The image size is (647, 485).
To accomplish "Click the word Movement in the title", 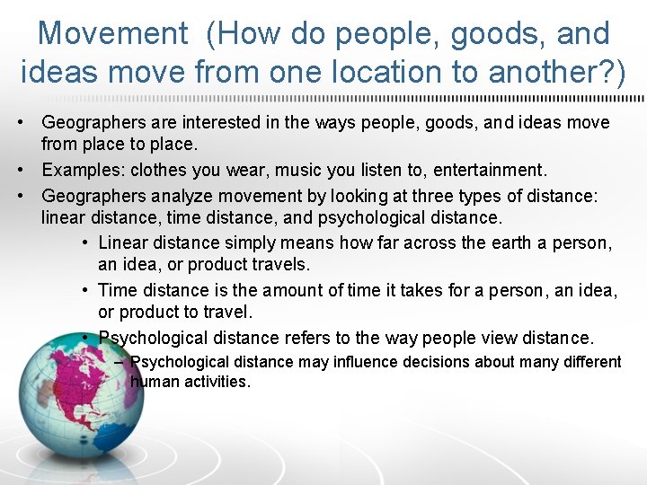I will pos(113,34).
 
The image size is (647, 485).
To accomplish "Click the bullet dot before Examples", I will pos(29,170).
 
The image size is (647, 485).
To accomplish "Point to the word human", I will pos(153,382).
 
